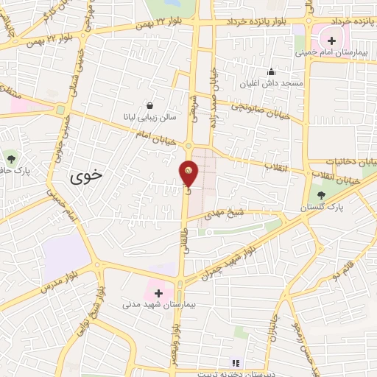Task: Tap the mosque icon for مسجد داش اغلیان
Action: pos(271,71)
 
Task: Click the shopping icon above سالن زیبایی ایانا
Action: pos(150,105)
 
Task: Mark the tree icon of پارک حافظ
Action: pos(10,158)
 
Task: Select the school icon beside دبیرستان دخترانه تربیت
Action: pos(236,362)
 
